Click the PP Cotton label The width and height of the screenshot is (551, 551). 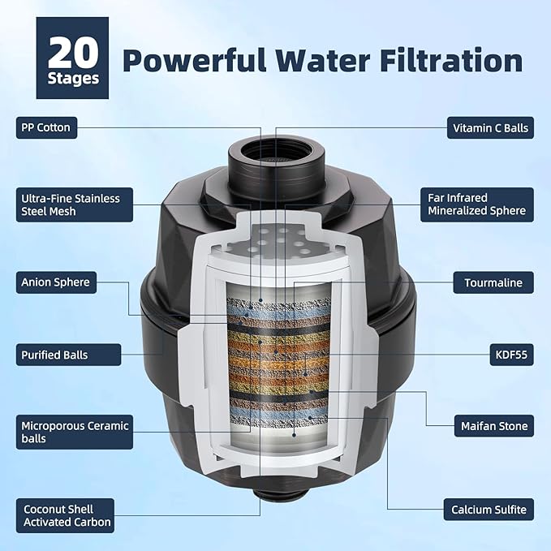click(x=46, y=127)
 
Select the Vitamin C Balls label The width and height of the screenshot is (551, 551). click(x=490, y=128)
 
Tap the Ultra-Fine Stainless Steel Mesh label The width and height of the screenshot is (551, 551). click(x=75, y=204)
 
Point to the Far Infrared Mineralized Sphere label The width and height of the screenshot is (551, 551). click(x=477, y=204)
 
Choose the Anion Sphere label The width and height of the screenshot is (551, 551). click(x=56, y=282)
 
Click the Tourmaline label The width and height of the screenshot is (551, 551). click(x=493, y=282)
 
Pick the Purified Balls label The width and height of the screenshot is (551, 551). click(x=68, y=355)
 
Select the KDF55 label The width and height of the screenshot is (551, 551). click(x=511, y=355)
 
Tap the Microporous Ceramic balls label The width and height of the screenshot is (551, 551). click(x=75, y=432)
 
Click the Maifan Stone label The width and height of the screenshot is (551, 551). click(x=494, y=426)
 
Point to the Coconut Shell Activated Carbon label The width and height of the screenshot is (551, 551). click(x=66, y=515)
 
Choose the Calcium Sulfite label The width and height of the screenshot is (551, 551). click(x=489, y=510)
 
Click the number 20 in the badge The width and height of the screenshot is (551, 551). click(x=73, y=53)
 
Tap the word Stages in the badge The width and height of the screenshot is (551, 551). click(x=73, y=78)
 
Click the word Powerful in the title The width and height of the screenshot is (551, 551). click(x=194, y=60)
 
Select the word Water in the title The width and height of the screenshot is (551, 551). click(x=322, y=60)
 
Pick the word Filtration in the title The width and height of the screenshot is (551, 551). click(x=451, y=60)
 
